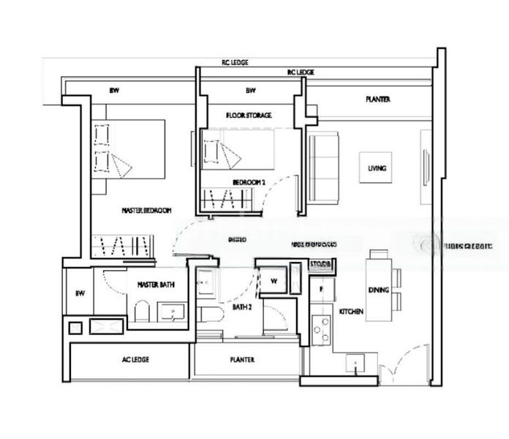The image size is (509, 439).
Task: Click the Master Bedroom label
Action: click(146, 210)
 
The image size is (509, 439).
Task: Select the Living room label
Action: click(377, 168)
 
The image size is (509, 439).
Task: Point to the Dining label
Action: click(378, 290)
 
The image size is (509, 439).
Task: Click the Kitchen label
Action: click(351, 312)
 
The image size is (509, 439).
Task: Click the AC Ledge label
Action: click(135, 360)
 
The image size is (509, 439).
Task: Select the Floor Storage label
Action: click(249, 116)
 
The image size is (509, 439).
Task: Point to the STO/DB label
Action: click(320, 263)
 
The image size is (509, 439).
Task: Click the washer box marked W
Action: click(274, 281)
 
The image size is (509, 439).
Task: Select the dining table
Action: click(378, 285)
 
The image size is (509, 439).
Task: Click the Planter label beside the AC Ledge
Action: click(242, 360)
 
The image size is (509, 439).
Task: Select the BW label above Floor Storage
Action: click(250, 91)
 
